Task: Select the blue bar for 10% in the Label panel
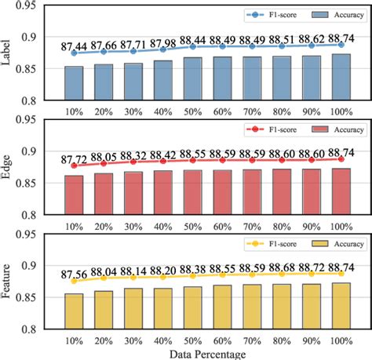point(74,83)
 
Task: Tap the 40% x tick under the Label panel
point(164,111)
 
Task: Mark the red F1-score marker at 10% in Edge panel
point(74,165)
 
